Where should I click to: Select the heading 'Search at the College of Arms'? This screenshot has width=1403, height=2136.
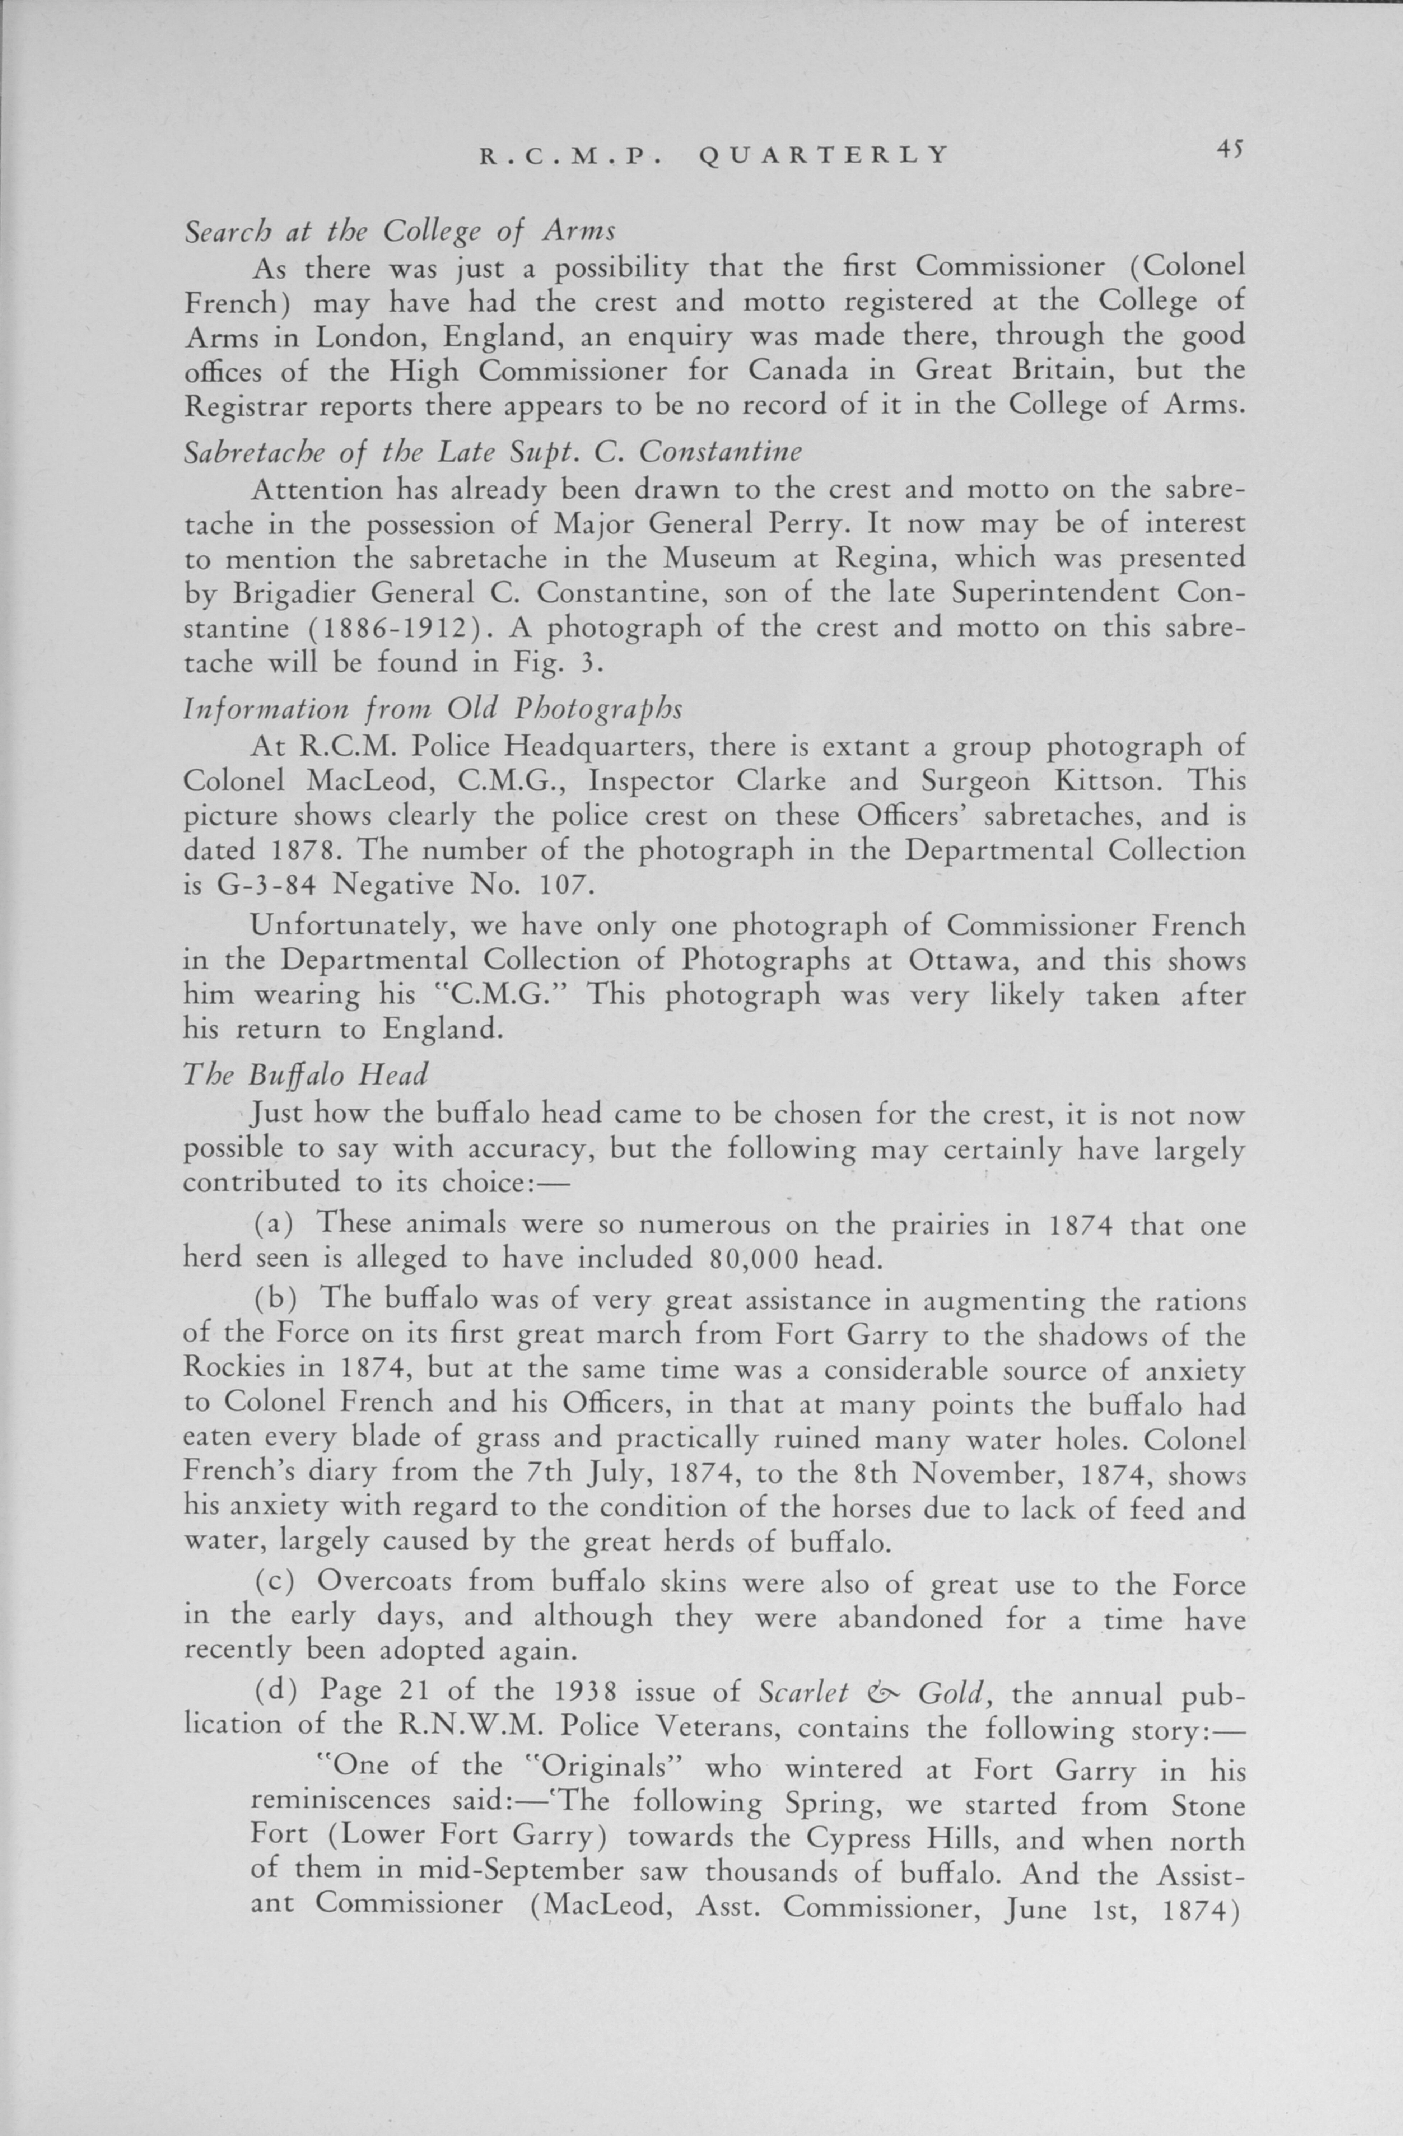point(400,232)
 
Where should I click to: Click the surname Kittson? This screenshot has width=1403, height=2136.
point(1108,780)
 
